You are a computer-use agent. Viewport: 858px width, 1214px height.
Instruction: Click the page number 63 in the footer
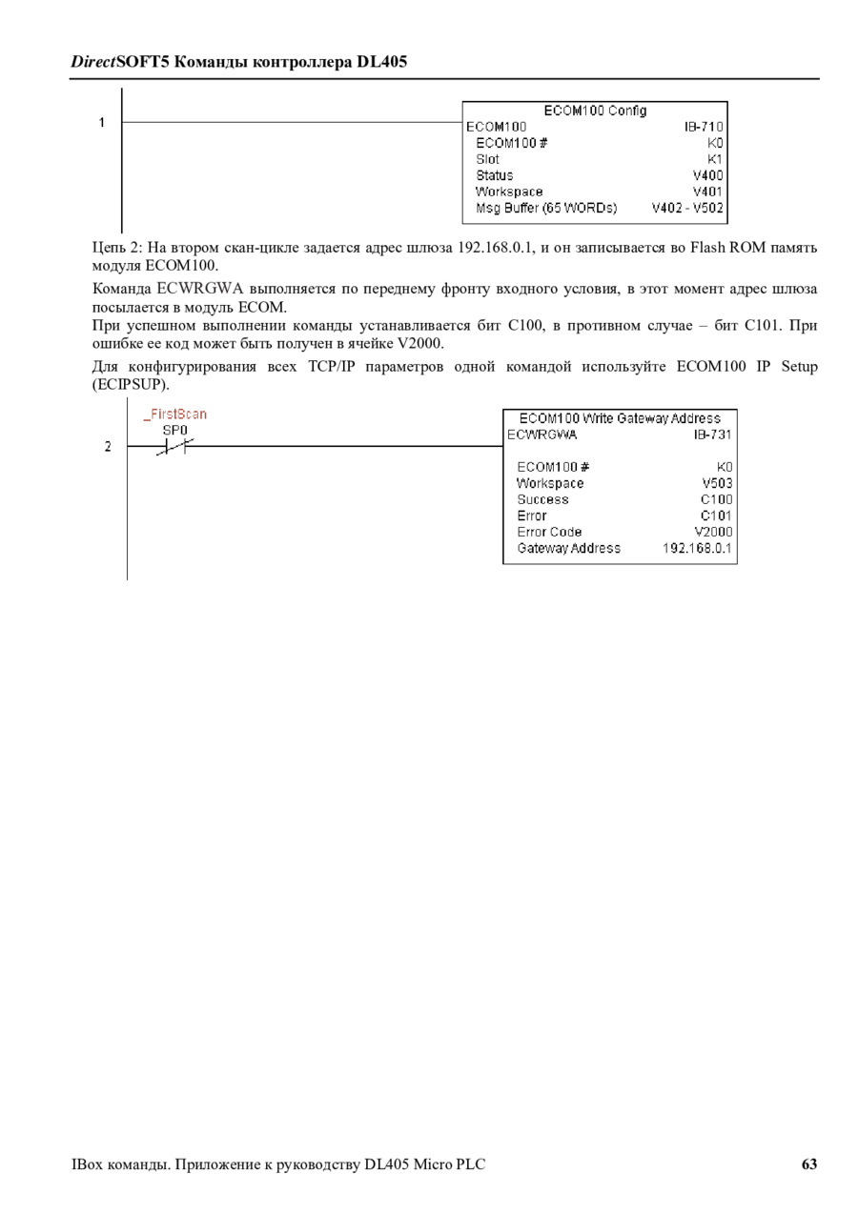point(808,1164)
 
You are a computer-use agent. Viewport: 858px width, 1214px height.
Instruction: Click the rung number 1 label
point(101,123)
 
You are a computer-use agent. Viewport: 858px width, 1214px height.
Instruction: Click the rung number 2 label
point(108,447)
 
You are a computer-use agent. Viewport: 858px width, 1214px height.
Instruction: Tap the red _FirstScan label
point(175,415)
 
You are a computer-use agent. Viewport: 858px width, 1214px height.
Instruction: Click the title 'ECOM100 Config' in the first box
point(595,111)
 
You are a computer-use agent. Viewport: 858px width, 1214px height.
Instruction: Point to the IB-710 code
point(704,127)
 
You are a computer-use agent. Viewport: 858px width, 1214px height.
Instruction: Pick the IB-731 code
point(712,435)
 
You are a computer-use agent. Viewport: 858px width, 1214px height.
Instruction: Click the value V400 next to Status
point(708,175)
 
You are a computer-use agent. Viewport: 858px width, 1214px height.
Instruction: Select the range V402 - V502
point(687,208)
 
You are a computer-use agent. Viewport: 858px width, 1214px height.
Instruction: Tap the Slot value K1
point(715,159)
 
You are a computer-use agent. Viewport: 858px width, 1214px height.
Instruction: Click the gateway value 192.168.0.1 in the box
point(697,548)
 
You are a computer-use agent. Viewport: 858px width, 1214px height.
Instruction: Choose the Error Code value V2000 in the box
point(713,532)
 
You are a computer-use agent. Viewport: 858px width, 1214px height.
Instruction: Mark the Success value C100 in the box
point(716,499)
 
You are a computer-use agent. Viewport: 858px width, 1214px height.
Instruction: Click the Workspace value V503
point(717,483)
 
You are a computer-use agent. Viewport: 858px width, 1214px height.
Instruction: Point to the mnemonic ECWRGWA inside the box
point(541,435)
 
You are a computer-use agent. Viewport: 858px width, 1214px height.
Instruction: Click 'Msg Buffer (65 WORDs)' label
point(546,208)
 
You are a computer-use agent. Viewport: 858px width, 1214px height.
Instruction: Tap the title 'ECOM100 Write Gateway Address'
point(620,418)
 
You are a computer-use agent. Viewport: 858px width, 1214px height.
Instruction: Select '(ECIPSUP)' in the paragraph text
point(131,385)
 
